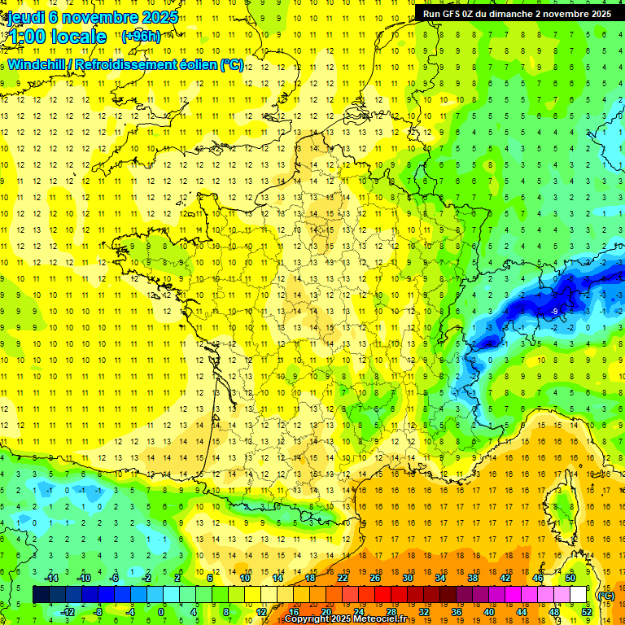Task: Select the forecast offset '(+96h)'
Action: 141,36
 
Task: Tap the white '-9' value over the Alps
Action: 553,311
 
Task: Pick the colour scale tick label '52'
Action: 586,612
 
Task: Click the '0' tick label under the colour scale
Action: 161,612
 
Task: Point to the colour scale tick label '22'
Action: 343,578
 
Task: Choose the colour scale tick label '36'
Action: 456,612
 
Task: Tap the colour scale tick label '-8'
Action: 98,612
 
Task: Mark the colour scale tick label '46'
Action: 538,578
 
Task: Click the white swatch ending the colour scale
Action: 578,595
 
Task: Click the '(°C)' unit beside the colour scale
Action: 606,595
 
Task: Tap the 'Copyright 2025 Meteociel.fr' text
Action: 345,619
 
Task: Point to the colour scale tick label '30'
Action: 408,578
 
